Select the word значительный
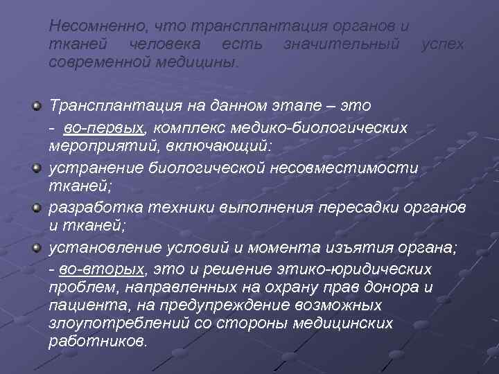(341, 44)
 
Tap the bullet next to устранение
(37, 168)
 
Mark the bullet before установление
(37, 248)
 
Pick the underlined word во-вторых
(106, 269)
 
